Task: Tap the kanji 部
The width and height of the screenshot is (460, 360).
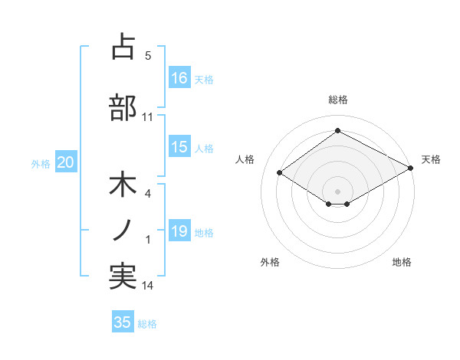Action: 123,107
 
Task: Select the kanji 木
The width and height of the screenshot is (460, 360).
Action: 123,186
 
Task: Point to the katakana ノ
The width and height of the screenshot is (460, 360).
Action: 123,230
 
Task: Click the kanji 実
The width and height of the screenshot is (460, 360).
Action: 123,277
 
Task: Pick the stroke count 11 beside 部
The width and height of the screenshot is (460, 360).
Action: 148,117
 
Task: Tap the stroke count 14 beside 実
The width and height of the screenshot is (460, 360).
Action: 148,286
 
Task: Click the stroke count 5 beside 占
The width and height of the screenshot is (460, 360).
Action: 148,56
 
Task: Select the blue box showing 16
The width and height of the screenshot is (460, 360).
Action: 179,77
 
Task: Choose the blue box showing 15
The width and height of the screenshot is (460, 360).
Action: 179,147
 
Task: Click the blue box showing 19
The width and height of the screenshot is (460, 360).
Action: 179,231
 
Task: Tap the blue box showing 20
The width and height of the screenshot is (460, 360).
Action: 66,162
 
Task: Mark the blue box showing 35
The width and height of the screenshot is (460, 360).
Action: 123,322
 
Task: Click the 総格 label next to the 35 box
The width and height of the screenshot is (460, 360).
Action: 147,324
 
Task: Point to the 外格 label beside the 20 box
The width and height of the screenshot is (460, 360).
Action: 41,163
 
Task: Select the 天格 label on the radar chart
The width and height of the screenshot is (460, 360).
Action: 431,159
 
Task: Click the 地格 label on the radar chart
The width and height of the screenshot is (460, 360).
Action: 402,262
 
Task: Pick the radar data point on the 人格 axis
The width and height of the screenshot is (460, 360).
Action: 280,173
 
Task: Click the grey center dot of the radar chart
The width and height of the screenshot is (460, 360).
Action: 337,190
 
